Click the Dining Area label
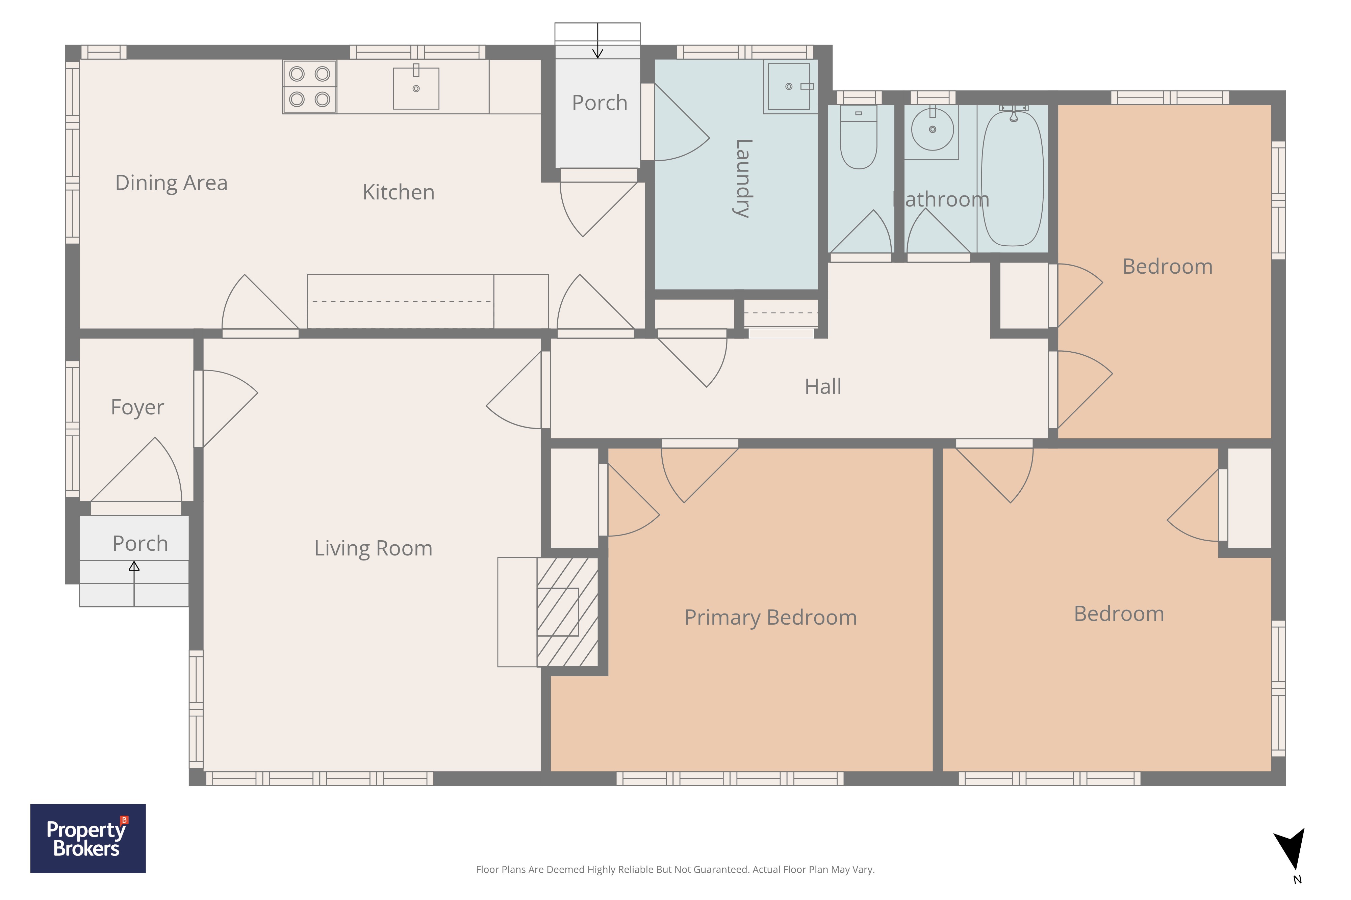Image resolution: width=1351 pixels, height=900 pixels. point(171,183)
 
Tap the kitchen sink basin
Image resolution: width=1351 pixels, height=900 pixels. point(416,88)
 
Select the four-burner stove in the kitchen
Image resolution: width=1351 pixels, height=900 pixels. point(310,87)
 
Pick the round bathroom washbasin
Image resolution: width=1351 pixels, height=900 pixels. point(932,129)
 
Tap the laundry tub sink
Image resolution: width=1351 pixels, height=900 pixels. point(790,87)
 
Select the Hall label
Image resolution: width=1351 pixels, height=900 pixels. point(822,386)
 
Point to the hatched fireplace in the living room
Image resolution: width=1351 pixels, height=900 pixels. point(567,612)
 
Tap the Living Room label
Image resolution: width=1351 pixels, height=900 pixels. point(373,548)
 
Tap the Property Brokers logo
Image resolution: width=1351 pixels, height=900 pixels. point(88,839)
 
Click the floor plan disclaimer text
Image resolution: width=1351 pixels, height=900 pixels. point(675,870)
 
